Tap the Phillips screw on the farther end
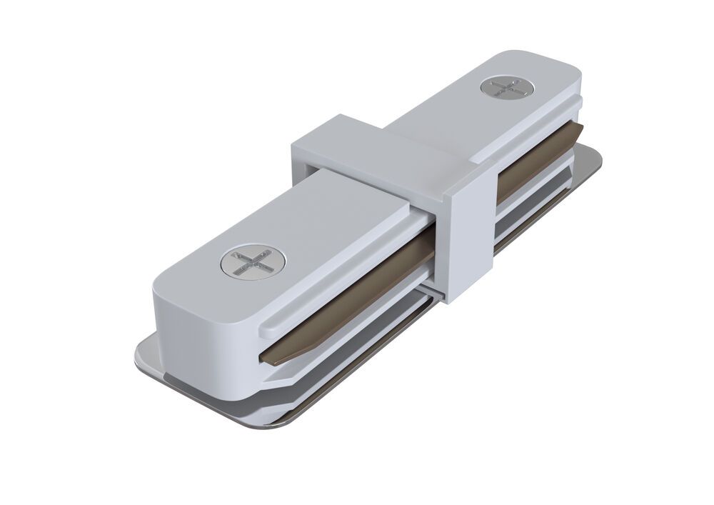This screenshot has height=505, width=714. tap(506, 89)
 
